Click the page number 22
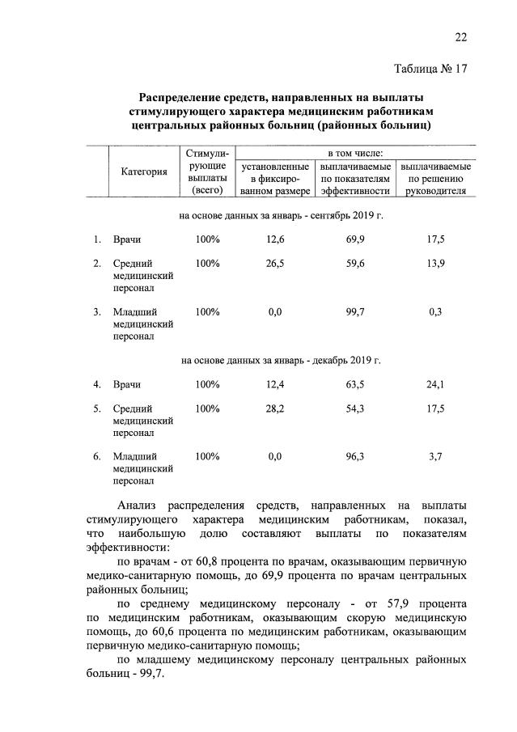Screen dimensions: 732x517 (x=460, y=36)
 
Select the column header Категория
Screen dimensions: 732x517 (x=144, y=171)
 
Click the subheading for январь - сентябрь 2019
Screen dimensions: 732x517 (x=280, y=216)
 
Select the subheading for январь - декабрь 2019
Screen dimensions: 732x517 (x=280, y=360)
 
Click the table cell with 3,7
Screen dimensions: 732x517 (x=435, y=456)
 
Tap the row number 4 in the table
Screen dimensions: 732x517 (x=96, y=383)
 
